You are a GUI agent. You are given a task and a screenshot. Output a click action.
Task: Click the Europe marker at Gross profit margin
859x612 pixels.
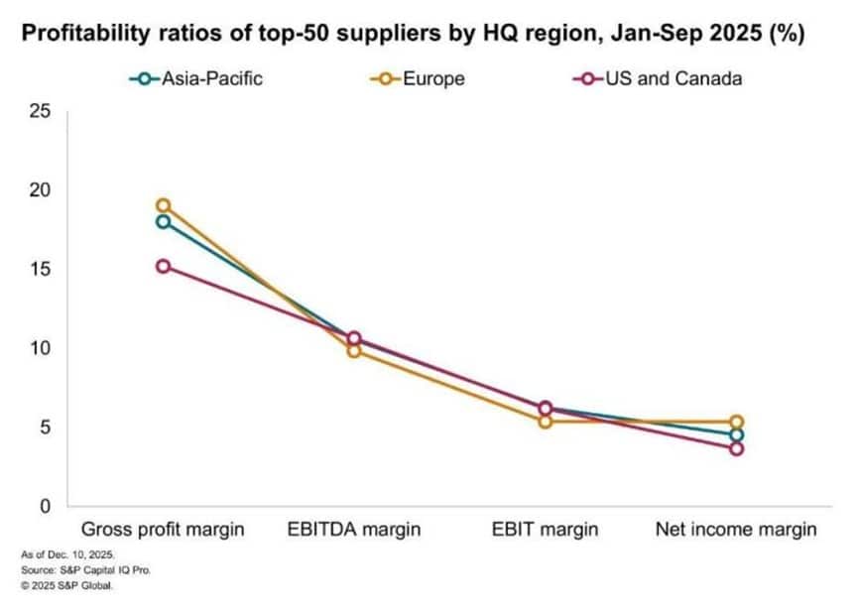(x=163, y=205)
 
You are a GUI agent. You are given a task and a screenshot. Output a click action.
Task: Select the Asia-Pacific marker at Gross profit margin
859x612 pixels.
(x=163, y=221)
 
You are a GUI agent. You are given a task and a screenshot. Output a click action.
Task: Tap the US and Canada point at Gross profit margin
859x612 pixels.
(x=163, y=266)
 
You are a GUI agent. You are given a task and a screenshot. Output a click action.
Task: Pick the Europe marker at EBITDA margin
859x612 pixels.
(x=354, y=350)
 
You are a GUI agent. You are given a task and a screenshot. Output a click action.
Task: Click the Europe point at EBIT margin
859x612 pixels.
(x=545, y=422)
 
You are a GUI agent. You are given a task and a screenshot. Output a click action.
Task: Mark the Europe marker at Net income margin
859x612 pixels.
(x=736, y=422)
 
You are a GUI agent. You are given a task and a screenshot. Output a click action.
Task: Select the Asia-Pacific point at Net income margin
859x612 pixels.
(x=736, y=434)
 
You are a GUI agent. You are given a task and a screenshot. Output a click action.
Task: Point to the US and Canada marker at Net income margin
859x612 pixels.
(x=736, y=448)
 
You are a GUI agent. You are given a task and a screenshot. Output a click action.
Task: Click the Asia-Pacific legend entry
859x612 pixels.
(x=195, y=77)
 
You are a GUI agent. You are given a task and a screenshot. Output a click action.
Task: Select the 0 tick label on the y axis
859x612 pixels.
(x=44, y=507)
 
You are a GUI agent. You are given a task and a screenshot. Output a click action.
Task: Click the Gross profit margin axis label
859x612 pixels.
(x=163, y=530)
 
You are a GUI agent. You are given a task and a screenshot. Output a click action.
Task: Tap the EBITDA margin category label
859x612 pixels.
(x=354, y=530)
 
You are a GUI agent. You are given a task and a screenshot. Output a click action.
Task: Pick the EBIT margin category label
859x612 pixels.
(x=545, y=530)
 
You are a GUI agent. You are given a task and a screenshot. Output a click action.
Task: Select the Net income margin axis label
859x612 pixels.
(x=736, y=530)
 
